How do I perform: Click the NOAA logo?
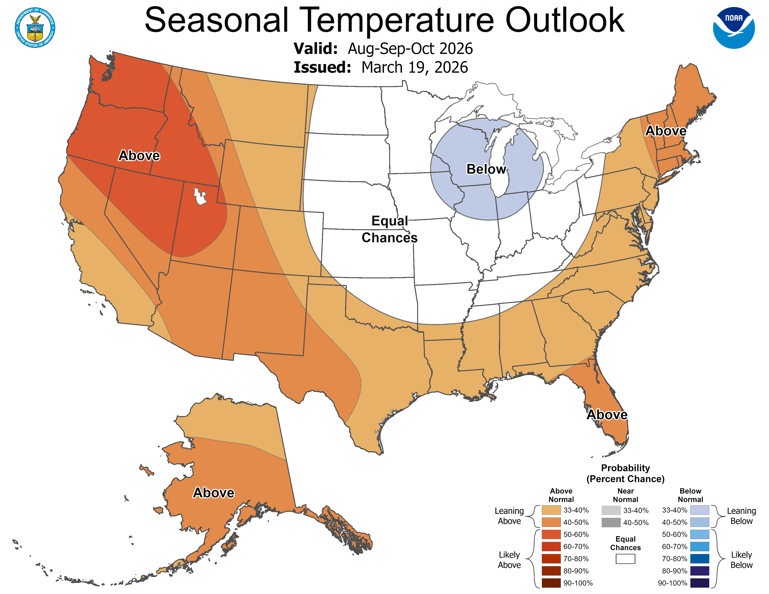click(x=734, y=27)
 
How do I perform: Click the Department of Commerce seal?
click(x=35, y=27)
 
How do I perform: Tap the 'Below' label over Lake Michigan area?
click(x=486, y=169)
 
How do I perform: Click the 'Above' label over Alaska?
click(x=213, y=493)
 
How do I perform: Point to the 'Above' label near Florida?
click(x=607, y=415)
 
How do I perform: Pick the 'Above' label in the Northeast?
click(x=666, y=131)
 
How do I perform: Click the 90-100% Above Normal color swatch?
click(x=551, y=583)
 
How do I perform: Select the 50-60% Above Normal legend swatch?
click(x=551, y=534)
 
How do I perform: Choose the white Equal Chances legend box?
click(x=625, y=559)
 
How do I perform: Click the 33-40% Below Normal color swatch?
click(x=699, y=510)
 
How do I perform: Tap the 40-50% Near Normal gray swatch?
click(x=611, y=522)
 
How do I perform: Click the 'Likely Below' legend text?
click(x=741, y=560)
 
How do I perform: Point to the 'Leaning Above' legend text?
click(x=509, y=516)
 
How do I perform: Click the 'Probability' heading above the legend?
click(x=625, y=468)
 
